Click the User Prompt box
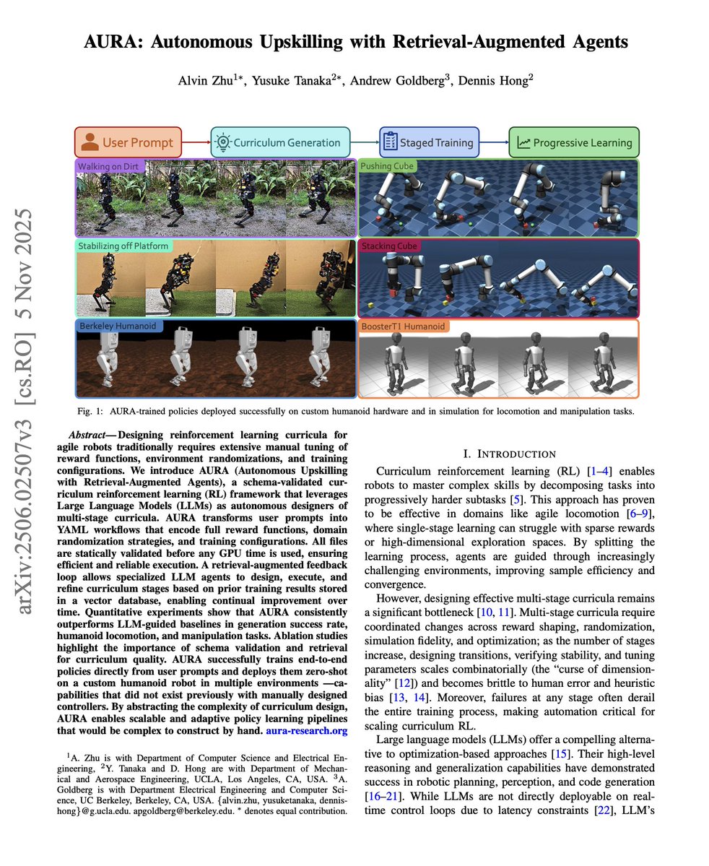point(128,142)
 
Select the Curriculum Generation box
point(280,142)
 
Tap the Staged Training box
point(429,142)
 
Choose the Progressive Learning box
point(574,142)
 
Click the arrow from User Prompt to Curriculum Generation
point(196,142)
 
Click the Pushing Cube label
point(388,166)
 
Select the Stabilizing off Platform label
point(124,246)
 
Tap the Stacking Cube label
point(389,246)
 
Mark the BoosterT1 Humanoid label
point(404,326)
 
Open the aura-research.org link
point(307,732)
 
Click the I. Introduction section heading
point(510,454)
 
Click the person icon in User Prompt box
point(90,142)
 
